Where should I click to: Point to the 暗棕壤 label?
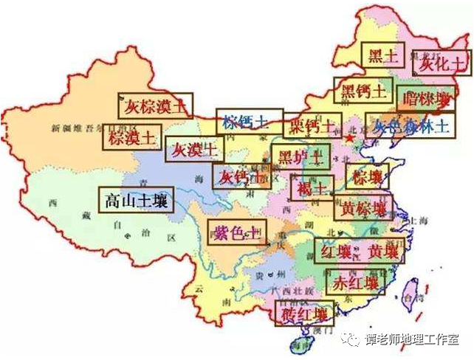[x=425, y=98]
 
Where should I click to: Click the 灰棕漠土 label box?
[x=156, y=105]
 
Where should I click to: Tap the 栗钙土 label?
[x=313, y=124]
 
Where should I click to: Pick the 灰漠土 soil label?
[x=193, y=148]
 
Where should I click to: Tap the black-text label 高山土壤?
[x=136, y=199]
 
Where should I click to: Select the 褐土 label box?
[x=312, y=187]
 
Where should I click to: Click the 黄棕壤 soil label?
[x=364, y=208]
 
